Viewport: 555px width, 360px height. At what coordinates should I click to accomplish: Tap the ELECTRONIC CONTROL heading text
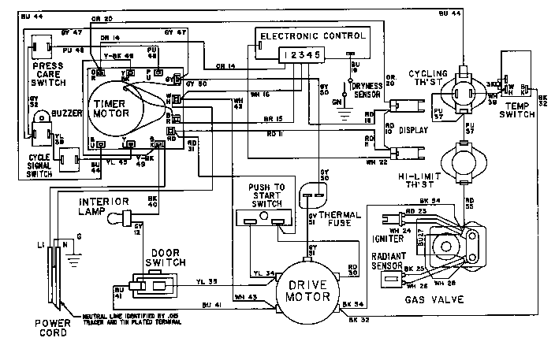tap(312, 36)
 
